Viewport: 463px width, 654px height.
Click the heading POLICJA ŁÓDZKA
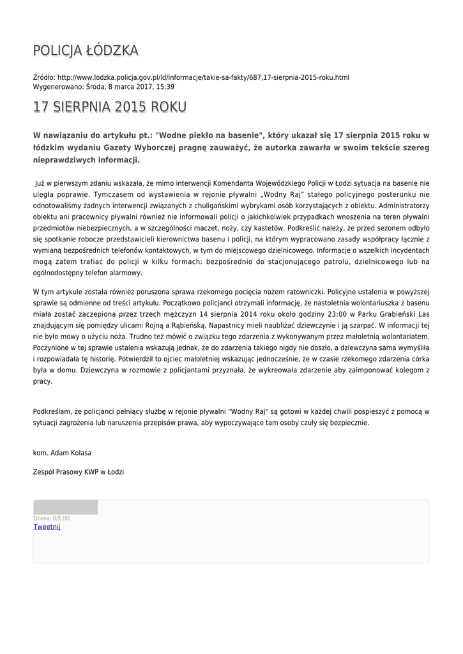coord(86,51)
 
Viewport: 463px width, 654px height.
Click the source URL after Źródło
coord(203,77)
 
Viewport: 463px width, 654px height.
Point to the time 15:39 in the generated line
coord(165,86)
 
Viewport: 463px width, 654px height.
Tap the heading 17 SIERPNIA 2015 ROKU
coord(110,107)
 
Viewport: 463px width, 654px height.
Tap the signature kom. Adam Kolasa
coord(62,453)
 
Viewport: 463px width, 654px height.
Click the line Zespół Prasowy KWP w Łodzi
coord(79,472)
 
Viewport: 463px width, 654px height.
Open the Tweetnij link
coord(47,527)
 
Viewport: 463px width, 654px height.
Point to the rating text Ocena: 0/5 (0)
coord(52,518)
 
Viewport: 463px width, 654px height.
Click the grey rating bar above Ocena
coord(65,507)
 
